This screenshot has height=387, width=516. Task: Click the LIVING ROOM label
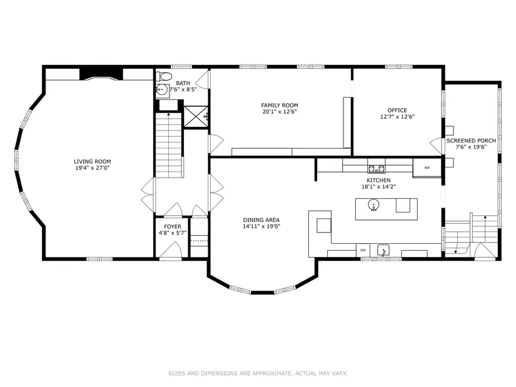(92, 161)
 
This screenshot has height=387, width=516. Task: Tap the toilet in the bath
(164, 77)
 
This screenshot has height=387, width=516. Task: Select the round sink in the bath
(161, 89)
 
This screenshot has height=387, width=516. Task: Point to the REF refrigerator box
(427, 168)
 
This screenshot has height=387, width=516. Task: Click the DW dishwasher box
(363, 250)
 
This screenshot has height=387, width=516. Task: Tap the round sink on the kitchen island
(373, 205)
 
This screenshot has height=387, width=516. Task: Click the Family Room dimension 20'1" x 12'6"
(280, 111)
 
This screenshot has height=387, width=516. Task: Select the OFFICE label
(397, 110)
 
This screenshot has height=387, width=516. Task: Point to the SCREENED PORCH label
(471, 141)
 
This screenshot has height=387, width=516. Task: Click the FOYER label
(173, 227)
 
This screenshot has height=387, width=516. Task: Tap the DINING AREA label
(261, 220)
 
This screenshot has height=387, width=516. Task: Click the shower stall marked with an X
(196, 116)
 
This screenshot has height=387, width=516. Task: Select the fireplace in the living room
(101, 74)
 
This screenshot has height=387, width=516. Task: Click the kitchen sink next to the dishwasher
(383, 251)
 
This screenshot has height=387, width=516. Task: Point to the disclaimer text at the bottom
(258, 373)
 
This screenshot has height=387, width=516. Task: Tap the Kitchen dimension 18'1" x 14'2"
(378, 186)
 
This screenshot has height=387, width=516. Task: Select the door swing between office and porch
(437, 146)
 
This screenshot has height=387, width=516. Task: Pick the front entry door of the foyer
(171, 250)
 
